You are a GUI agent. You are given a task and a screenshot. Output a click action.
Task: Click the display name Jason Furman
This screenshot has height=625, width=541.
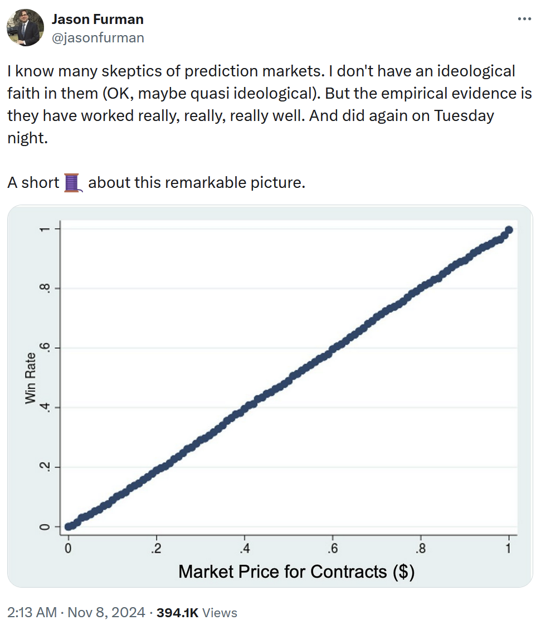[98, 20]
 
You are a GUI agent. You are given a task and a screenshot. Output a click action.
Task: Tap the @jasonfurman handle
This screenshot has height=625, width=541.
[98, 37]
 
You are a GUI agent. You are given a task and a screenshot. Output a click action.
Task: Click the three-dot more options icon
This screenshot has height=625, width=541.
[524, 19]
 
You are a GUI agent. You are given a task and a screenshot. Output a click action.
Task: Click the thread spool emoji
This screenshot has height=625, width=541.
[73, 182]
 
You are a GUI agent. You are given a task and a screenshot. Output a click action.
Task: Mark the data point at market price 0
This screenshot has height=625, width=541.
[69, 526]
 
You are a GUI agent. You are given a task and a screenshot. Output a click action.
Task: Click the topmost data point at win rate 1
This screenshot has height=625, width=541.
[509, 230]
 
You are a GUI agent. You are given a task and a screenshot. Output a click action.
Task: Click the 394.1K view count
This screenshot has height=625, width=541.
[178, 613]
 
